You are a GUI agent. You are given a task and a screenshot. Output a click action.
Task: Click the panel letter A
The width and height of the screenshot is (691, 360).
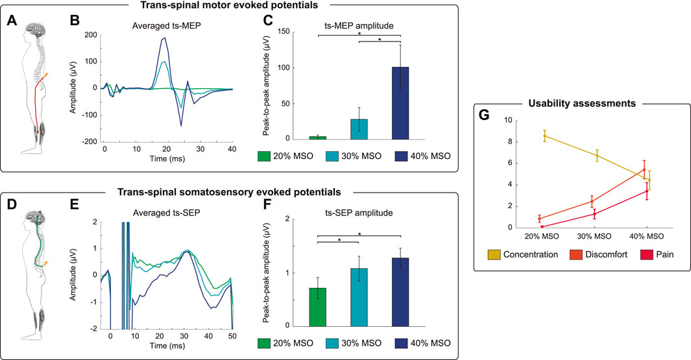(11, 20)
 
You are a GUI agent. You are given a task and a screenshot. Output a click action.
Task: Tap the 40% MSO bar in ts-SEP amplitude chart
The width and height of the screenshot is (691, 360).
(400, 292)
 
